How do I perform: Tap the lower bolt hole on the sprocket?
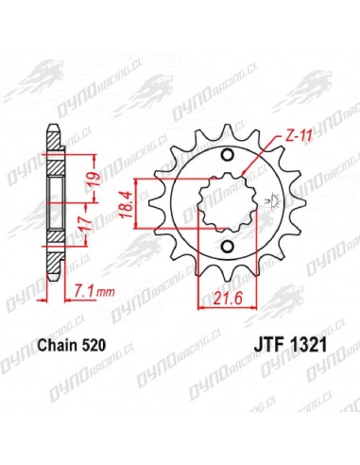pyautogui.click(x=225, y=249)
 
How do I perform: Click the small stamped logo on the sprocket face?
pyautogui.click(x=260, y=201)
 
